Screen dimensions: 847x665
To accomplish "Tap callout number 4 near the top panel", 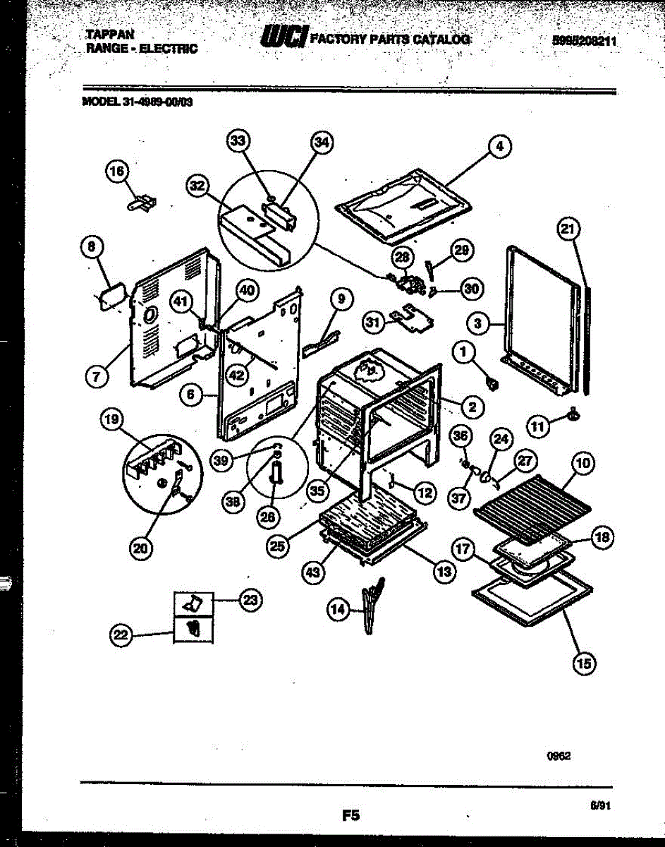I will coord(499,147).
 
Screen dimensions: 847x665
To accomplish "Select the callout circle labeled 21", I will coord(568,228).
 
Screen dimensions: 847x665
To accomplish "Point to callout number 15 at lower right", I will coord(585,662).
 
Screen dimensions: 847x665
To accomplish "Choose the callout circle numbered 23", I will coord(250,601).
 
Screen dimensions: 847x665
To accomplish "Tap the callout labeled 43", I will coord(315,572).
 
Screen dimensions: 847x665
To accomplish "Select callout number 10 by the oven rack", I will coord(582,464).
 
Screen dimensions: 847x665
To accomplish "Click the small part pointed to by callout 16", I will coord(142,203).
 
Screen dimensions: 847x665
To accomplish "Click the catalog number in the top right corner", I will coord(585,41).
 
